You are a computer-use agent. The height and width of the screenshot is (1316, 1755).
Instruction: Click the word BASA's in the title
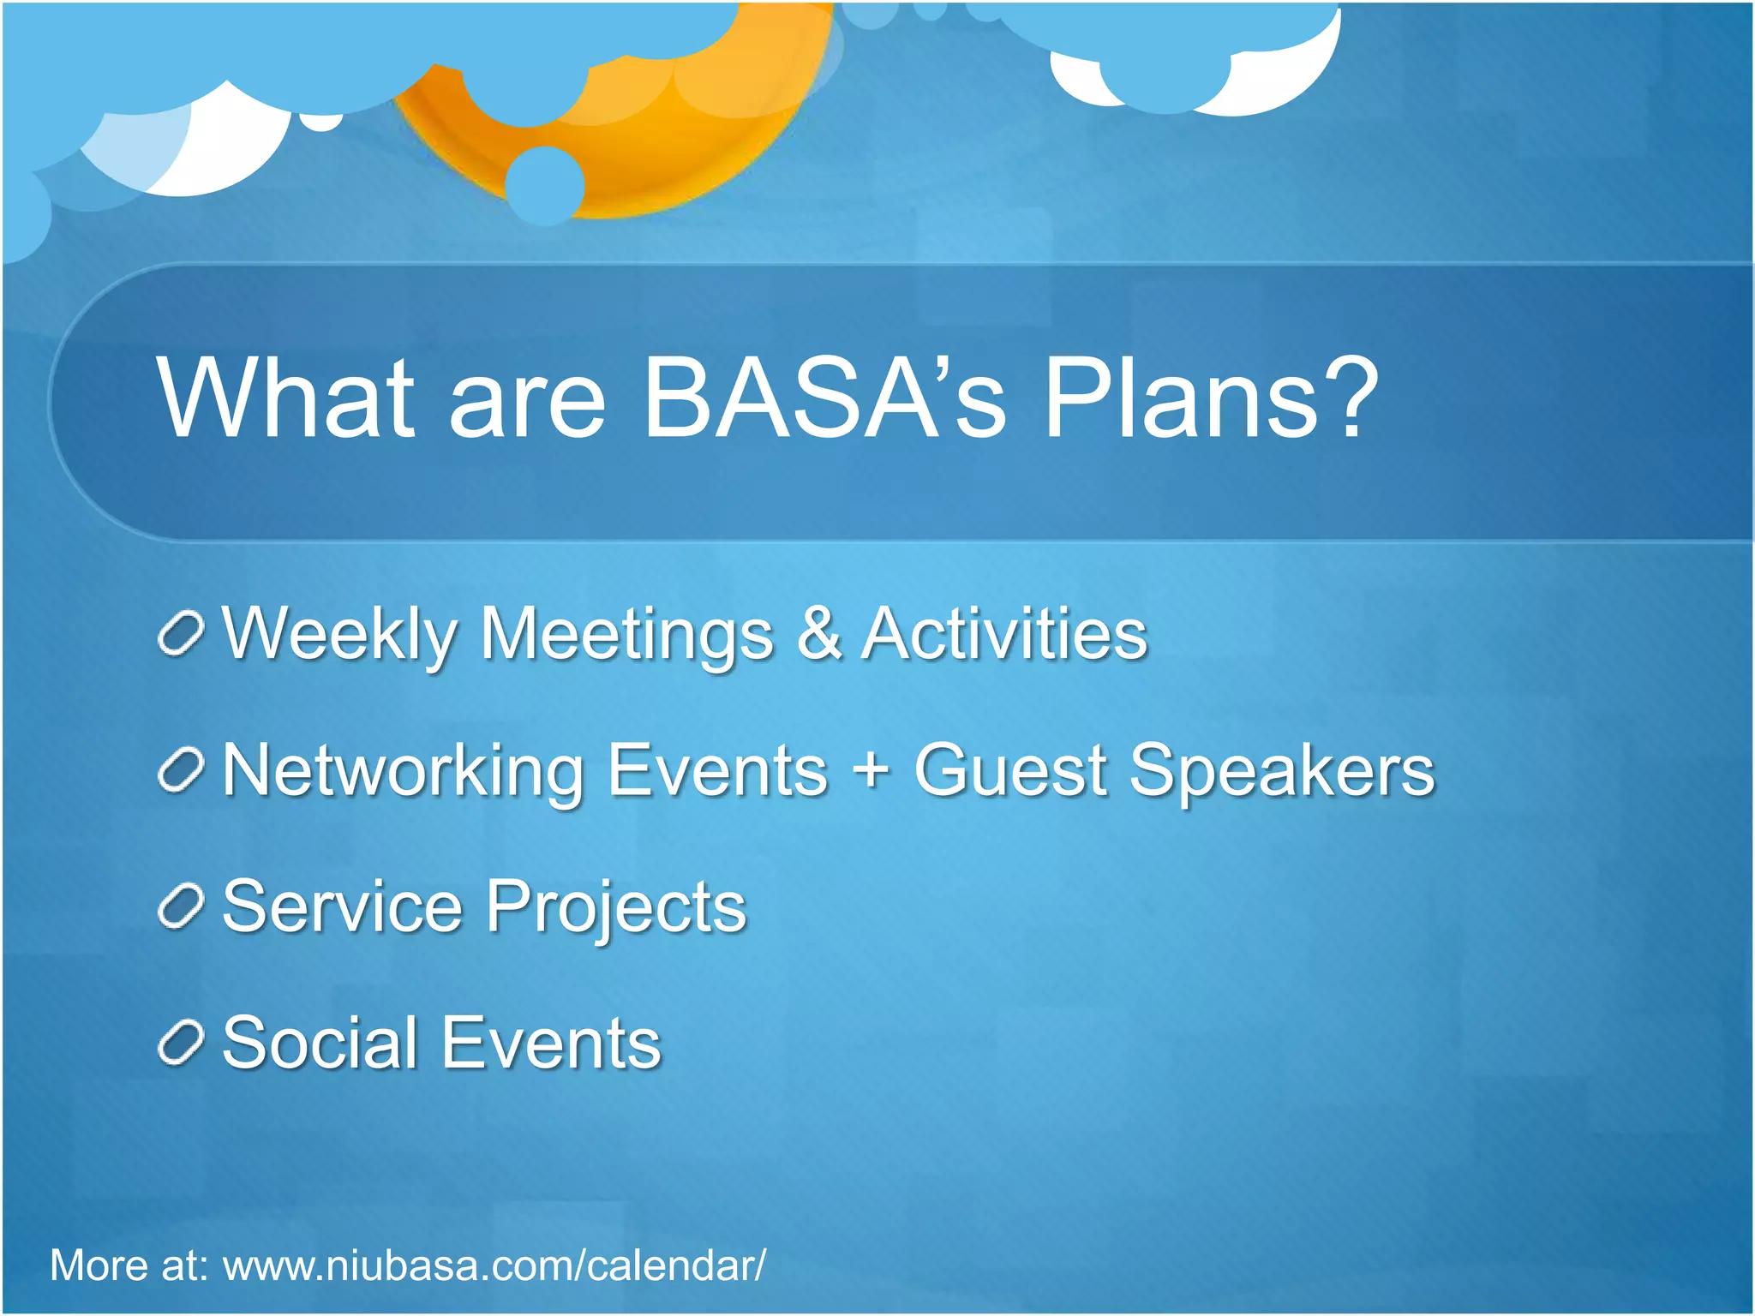(x=823, y=398)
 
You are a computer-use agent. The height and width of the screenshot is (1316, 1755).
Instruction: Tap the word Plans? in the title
(x=1210, y=398)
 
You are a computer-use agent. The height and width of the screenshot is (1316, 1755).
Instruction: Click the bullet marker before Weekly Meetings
(x=181, y=634)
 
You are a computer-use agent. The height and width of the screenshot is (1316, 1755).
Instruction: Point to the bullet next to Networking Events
(x=181, y=770)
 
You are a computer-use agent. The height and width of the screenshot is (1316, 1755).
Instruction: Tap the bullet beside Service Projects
(x=181, y=907)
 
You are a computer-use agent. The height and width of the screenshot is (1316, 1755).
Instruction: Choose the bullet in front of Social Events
(x=181, y=1044)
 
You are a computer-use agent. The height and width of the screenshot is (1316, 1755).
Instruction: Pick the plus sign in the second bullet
(x=871, y=769)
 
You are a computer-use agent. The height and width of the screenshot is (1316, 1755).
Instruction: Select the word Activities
(x=1004, y=634)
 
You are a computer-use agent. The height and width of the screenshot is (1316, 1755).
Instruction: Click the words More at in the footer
(x=129, y=1265)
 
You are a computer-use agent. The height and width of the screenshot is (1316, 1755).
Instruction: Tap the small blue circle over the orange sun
(x=545, y=186)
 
